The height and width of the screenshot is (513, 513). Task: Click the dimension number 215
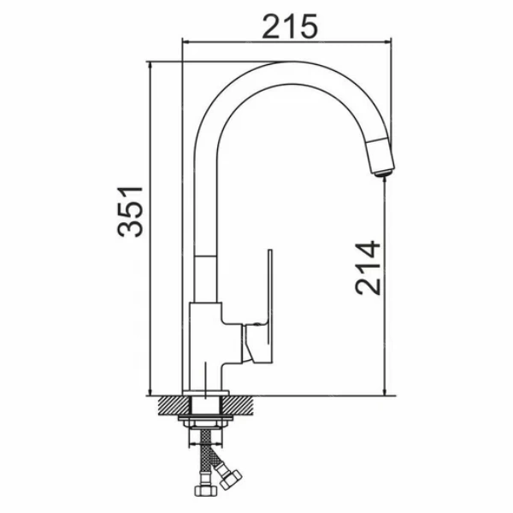click(290, 27)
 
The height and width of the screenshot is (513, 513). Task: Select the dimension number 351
click(130, 211)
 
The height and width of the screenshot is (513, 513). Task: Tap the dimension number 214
click(368, 268)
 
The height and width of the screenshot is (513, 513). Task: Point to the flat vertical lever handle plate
click(270, 305)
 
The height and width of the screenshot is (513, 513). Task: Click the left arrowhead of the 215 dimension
click(186, 42)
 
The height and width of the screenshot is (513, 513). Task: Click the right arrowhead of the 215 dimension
click(387, 42)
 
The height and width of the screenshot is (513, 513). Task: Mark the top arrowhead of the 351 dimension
click(150, 66)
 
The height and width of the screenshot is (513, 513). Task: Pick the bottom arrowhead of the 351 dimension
click(150, 392)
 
